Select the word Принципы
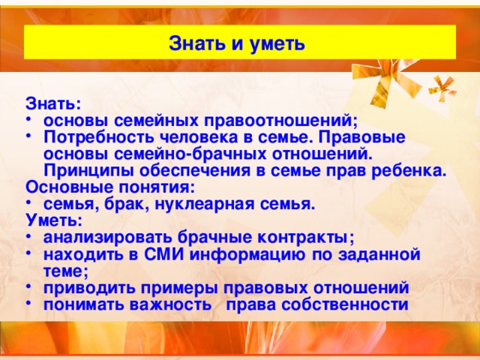click(82, 171)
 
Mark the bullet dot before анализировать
click(28, 237)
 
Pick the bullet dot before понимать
click(28, 304)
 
